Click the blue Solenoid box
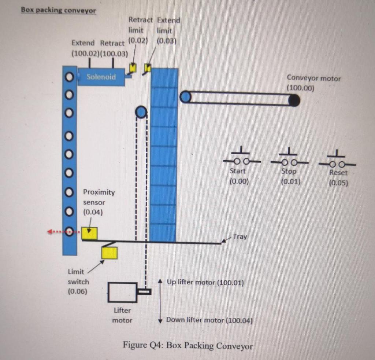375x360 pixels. [101, 77]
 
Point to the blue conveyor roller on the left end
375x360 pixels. [186, 97]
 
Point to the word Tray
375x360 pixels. [240, 236]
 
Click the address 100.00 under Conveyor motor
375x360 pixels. [300, 88]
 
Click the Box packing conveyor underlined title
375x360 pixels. [59, 10]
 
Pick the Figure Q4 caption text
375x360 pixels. [187, 345]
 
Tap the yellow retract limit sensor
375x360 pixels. [133, 68]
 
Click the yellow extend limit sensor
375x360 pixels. [148, 67]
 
